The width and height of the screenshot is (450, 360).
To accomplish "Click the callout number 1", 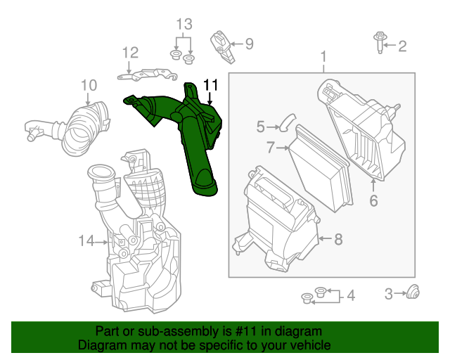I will tap(323, 56).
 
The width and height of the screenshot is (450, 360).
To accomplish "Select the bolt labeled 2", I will tap(379, 43).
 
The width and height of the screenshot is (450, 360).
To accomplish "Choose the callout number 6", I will tap(373, 200).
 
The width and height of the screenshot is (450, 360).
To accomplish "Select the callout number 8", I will tap(338, 239).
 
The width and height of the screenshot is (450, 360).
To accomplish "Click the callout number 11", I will tap(211, 85).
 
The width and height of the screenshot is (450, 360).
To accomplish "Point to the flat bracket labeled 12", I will tap(146, 70).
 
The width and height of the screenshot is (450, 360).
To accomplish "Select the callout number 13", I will tap(183, 25).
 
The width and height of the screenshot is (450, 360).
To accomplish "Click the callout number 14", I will tap(86, 241).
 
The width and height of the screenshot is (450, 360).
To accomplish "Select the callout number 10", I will tap(88, 86).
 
